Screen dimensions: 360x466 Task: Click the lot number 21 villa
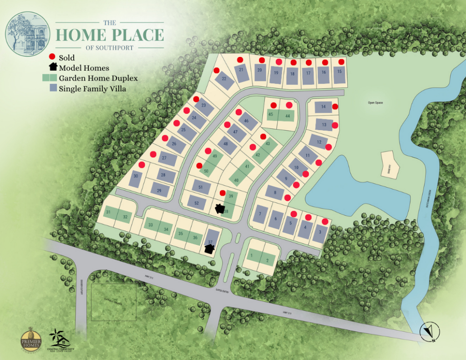point(241,71)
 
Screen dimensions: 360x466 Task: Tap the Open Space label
point(375,103)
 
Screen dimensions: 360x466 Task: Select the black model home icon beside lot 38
point(220,209)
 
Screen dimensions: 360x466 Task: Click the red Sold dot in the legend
point(53,57)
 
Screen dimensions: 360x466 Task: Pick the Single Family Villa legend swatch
point(53,88)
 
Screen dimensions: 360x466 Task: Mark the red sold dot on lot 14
point(335,106)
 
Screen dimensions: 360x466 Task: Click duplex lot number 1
point(251,256)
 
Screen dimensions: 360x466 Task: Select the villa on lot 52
point(197,203)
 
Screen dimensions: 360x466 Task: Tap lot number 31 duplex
point(109,212)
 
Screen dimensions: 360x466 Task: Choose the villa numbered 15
point(339,71)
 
